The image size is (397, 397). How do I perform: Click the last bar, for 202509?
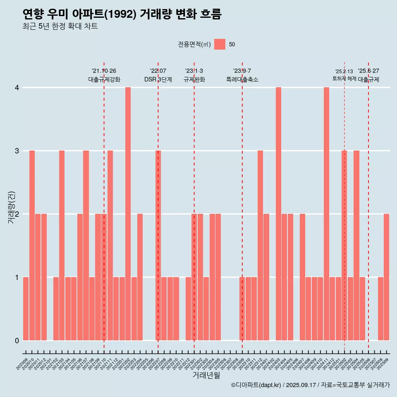pos(386,277)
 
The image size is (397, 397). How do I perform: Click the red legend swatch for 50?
pos(220,44)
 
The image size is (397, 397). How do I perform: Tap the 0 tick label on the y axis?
pos(17,341)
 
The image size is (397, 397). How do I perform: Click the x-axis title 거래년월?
pos(206,375)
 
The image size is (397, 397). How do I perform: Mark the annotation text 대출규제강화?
pos(104,79)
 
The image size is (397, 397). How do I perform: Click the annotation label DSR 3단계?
pos(158,79)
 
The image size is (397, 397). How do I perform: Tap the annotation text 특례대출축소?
pos(242,79)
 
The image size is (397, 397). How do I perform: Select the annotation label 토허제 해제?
pos(344,79)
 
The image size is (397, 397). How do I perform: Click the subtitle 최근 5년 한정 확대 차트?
pos(60,26)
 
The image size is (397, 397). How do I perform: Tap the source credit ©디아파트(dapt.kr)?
pos(256,385)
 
